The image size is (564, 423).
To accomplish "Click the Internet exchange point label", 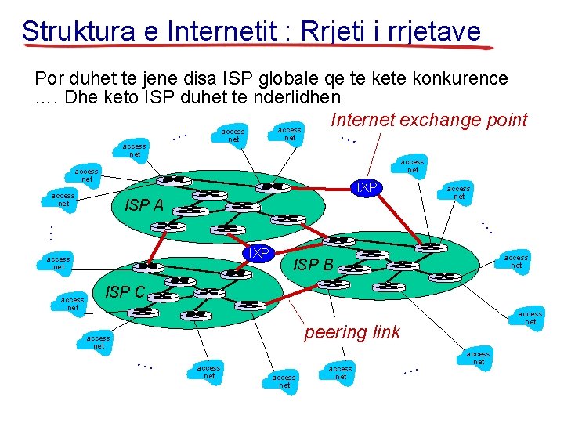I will (429, 120).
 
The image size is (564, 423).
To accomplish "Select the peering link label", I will (352, 332).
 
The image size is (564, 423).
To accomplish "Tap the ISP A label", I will (144, 206).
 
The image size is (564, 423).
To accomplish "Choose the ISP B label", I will (313, 265).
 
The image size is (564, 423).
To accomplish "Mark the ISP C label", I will (125, 292).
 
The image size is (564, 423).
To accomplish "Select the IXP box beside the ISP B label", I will (258, 253).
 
